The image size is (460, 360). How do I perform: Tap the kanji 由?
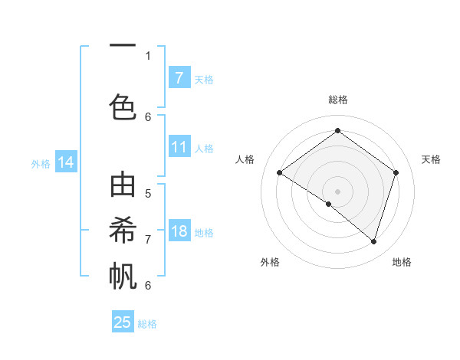[x=123, y=188]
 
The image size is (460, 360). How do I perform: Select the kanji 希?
[x=123, y=231]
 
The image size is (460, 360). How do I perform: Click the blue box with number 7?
[x=179, y=78]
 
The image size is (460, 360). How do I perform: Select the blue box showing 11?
[x=179, y=147]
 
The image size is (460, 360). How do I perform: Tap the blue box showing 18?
[x=179, y=231]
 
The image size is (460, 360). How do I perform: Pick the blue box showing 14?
[x=66, y=162]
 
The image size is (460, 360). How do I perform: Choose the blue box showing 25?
[x=123, y=322]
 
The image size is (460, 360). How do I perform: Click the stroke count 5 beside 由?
[x=148, y=193]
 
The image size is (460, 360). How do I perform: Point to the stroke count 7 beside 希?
[x=148, y=239]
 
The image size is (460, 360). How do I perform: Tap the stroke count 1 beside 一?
[x=148, y=55]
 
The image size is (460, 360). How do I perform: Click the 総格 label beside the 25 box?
[x=147, y=324]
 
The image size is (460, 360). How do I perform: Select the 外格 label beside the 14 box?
[x=41, y=164]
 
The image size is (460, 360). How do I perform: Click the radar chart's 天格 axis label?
[x=431, y=159]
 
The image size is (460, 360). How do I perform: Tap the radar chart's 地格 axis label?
[x=402, y=262]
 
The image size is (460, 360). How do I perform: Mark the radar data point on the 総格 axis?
[x=337, y=131]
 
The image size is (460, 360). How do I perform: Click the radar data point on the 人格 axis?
[x=279, y=173]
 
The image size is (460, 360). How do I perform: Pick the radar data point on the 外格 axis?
[x=329, y=204]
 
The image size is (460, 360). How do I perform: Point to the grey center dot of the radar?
[x=337, y=191]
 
